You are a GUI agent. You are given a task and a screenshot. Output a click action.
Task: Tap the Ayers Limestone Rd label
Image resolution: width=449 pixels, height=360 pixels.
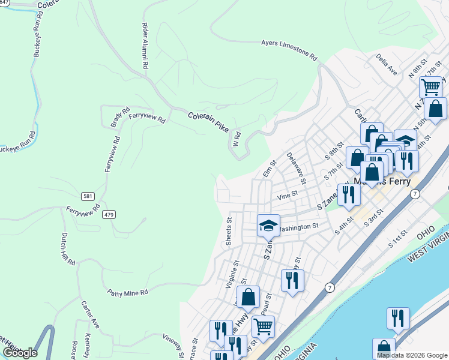[289, 50]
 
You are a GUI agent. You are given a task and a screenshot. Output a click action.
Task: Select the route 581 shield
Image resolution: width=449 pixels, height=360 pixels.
[88, 196]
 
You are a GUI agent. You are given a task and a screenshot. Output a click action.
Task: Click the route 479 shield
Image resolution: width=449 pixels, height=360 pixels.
[108, 214]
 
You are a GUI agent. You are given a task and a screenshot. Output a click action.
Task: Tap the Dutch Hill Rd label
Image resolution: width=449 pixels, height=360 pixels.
[67, 249]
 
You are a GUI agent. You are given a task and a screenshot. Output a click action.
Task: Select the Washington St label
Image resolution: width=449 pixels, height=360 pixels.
[299, 227]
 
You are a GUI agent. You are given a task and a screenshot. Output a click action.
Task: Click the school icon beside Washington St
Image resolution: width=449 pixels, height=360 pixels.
[268, 225]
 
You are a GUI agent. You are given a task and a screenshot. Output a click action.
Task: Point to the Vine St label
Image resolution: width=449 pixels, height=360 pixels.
[288, 196]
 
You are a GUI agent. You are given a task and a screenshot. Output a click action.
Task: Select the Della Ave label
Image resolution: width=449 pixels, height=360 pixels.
[387, 65]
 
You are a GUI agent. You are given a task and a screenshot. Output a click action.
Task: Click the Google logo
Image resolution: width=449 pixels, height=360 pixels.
[19, 352]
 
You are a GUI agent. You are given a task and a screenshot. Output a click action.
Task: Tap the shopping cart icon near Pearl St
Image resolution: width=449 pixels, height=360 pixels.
[263, 326]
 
